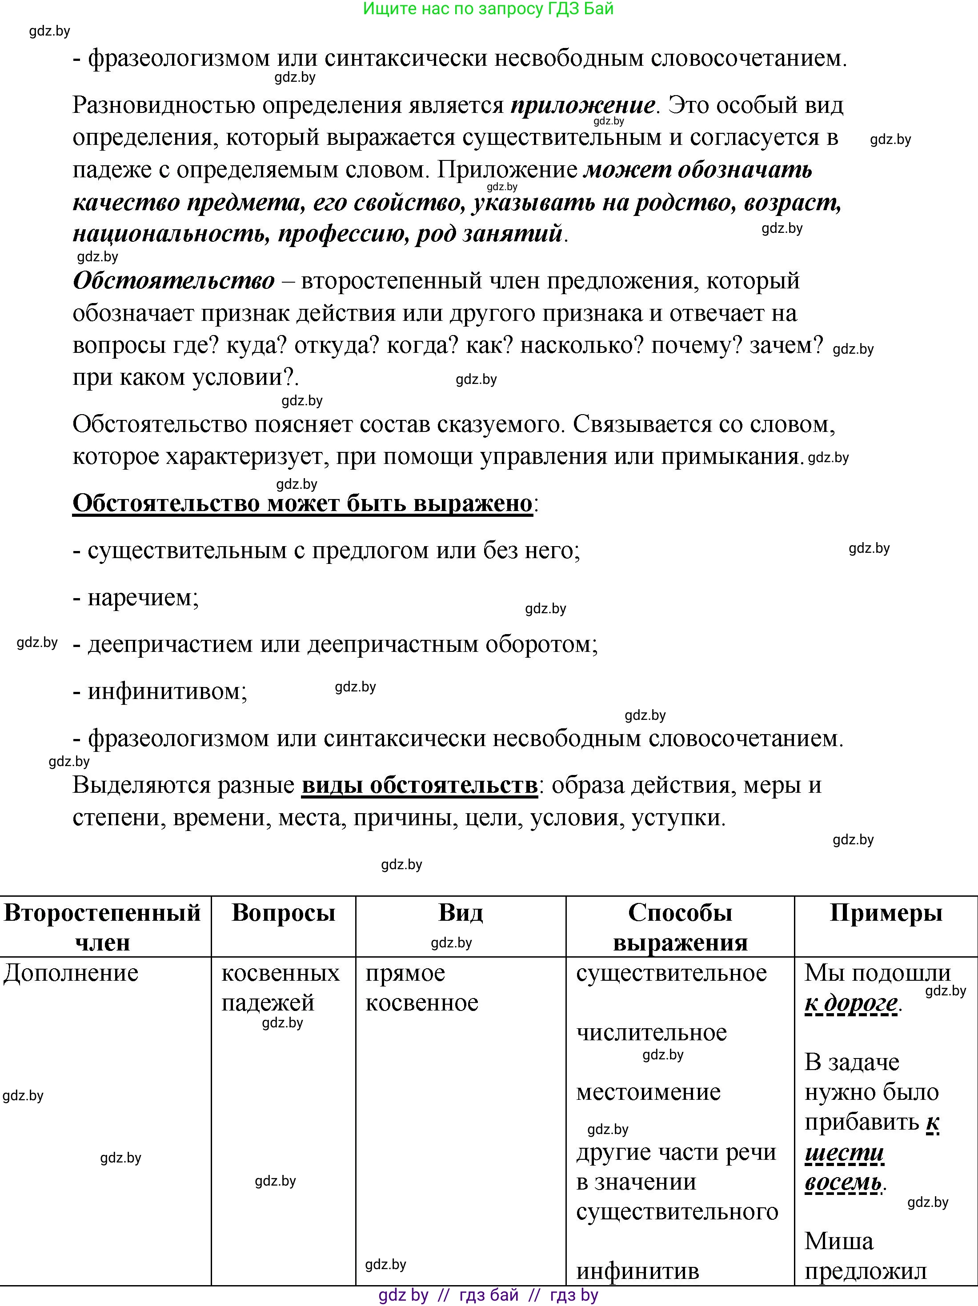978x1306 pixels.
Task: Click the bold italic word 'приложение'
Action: click(582, 106)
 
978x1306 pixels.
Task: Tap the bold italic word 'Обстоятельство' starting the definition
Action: click(174, 280)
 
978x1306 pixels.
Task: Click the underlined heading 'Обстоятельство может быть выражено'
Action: click(302, 503)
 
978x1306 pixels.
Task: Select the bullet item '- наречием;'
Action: click(136, 598)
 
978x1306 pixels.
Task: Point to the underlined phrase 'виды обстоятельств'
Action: click(419, 785)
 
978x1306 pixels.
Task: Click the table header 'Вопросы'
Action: click(284, 913)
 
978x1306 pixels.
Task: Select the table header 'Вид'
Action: click(461, 913)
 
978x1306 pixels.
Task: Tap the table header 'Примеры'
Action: click(886, 913)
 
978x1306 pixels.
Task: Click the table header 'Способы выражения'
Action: click(680, 927)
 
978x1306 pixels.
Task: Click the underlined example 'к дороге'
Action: click(851, 1003)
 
